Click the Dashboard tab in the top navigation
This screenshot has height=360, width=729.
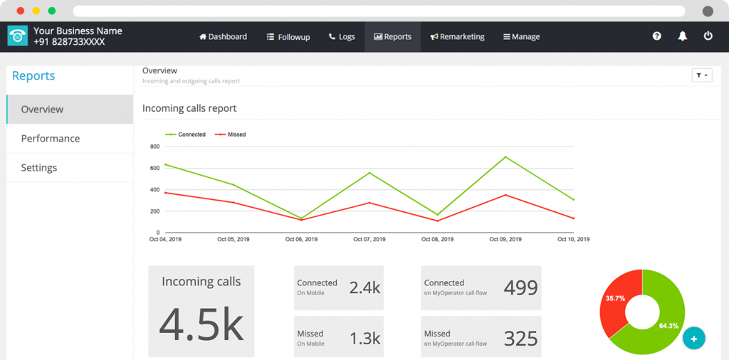pyautogui.click(x=223, y=37)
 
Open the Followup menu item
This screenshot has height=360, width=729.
pyautogui.click(x=288, y=37)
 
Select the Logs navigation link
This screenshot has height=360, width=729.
pyautogui.click(x=342, y=37)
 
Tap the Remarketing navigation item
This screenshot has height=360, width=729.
pyautogui.click(x=457, y=37)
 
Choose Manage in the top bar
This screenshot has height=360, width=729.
pyautogui.click(x=521, y=37)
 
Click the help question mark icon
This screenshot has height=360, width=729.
pyautogui.click(x=657, y=36)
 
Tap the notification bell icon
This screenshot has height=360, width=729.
pyautogui.click(x=683, y=36)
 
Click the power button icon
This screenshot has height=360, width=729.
pyautogui.click(x=708, y=36)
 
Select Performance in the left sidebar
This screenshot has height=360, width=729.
pyautogui.click(x=51, y=139)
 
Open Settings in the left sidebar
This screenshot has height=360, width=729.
pyautogui.click(x=39, y=168)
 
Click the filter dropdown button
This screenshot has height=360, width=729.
pyautogui.click(x=701, y=75)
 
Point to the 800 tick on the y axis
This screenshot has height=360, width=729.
pyautogui.click(x=154, y=147)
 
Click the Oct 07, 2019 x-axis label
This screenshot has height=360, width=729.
pyautogui.click(x=369, y=240)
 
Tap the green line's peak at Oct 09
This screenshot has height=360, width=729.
pyautogui.click(x=505, y=157)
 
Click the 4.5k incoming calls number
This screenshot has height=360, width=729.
pyautogui.click(x=201, y=324)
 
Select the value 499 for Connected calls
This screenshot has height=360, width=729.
pyautogui.click(x=520, y=287)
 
